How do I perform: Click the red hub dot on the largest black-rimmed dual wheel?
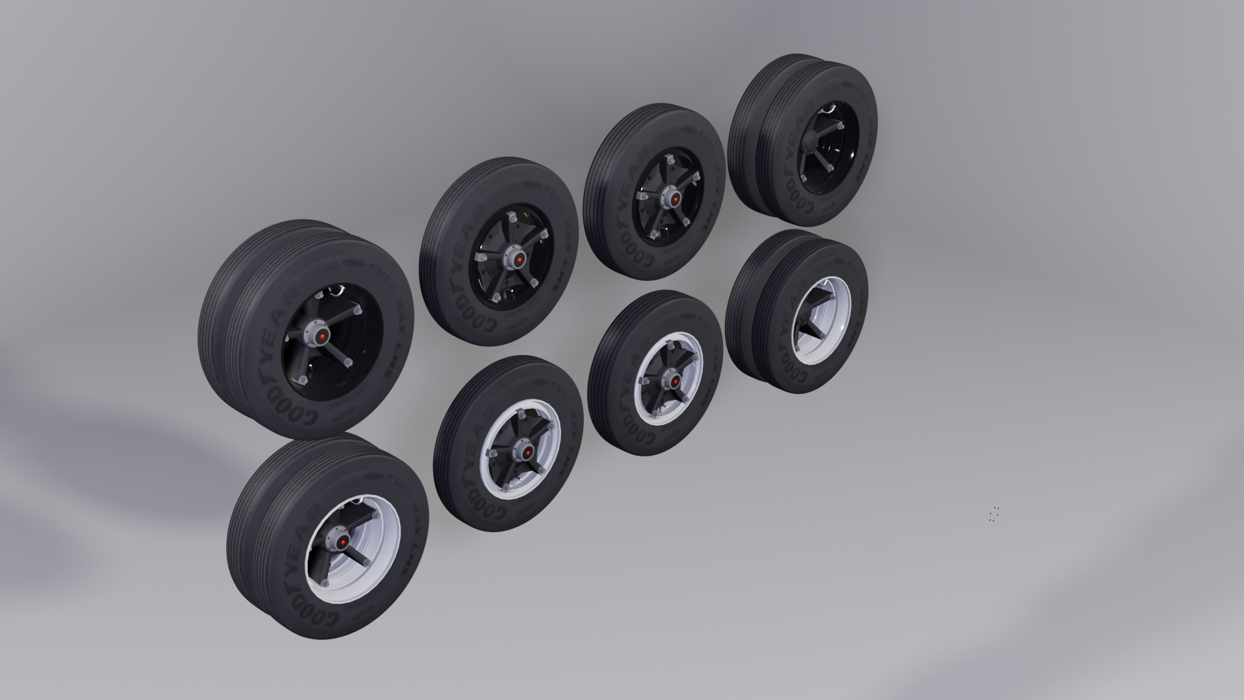[x=320, y=336]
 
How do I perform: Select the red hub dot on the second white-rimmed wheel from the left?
[x=527, y=452]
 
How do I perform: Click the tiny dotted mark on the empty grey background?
[x=995, y=514]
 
